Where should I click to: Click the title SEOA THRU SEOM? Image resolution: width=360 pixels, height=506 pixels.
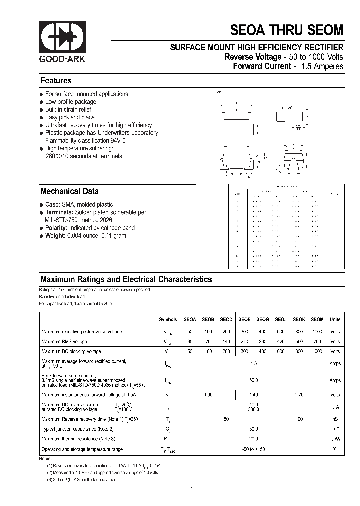pos(286,30)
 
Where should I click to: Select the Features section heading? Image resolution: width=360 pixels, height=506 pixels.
pos(56,81)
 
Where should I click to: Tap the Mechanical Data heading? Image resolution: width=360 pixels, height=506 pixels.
pos(69,191)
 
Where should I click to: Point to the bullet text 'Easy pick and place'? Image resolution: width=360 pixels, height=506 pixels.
pos(70,117)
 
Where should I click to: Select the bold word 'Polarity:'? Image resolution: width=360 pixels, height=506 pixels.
pos(56,228)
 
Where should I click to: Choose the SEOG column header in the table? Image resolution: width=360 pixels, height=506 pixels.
pos(263,319)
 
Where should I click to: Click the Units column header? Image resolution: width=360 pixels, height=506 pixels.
pos(335,319)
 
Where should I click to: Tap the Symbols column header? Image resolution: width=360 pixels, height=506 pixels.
pos(168,319)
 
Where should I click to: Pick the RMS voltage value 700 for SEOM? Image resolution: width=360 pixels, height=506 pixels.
pos(317,342)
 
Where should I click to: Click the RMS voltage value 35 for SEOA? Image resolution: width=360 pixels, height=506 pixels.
pos(190,342)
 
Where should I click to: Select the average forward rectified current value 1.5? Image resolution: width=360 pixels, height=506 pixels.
pos(254,364)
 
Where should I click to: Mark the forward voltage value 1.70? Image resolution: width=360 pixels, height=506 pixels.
pos(299,395)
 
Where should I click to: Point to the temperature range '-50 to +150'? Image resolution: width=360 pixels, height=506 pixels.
pos(254,449)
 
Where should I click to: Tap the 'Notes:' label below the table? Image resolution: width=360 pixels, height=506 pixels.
pos(45,458)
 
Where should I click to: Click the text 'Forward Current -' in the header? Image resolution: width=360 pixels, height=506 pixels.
pos(264,66)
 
